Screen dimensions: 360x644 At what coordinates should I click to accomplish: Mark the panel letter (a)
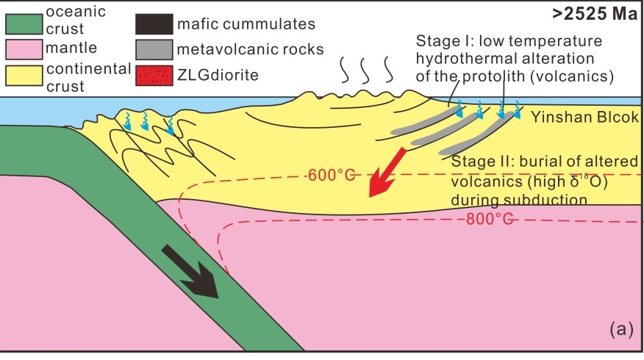pos(620,330)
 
